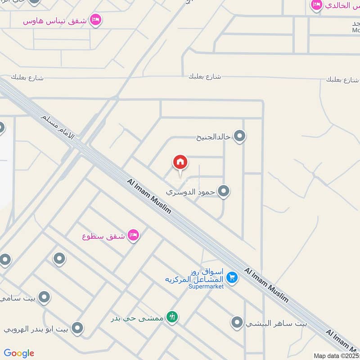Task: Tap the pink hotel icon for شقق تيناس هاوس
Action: (95, 20)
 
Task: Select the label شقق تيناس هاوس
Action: (56, 20)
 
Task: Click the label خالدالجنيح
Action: (213, 136)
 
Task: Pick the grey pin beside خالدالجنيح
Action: (240, 135)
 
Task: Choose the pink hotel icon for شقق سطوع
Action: (133, 235)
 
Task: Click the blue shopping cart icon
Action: (232, 278)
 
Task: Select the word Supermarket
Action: (206, 287)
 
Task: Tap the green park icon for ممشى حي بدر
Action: (172, 317)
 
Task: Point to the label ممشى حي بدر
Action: (138, 318)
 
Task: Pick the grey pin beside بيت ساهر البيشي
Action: (237, 322)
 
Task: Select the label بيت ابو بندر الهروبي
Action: (36, 328)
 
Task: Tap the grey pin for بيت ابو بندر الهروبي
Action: (77, 328)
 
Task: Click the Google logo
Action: (19, 353)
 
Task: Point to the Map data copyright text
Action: (336, 355)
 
